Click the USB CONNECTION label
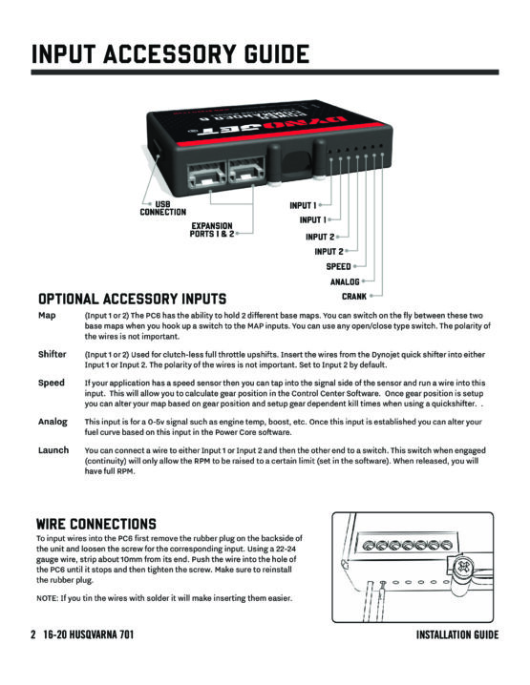point(162,208)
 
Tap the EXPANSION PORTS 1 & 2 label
point(212,229)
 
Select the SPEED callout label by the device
point(338,266)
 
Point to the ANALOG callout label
point(345,281)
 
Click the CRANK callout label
point(354,297)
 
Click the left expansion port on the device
point(206,174)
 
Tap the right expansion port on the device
point(246,172)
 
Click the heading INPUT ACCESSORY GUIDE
point(170,54)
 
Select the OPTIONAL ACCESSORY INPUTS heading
point(132,299)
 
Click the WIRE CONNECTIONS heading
point(96,524)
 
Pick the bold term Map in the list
point(47,316)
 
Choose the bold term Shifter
point(52,354)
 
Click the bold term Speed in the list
point(52,384)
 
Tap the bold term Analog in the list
point(53,422)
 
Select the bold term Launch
point(53,450)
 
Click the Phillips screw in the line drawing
point(465,568)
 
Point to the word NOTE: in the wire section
point(47,598)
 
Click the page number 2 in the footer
point(33,634)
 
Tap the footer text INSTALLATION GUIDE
point(457,634)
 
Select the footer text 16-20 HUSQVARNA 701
point(88,634)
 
